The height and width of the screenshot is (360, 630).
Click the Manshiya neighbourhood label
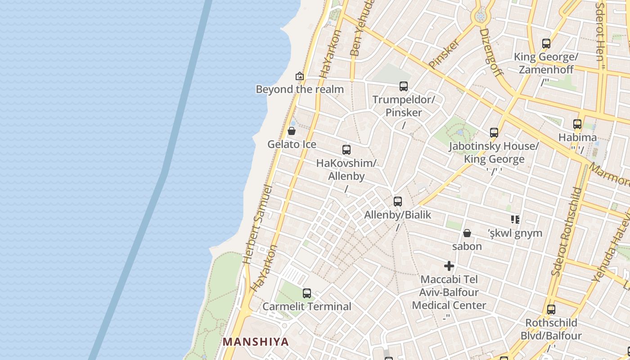256,342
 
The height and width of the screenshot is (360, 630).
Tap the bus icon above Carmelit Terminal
307,293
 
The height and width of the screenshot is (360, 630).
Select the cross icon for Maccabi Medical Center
449,266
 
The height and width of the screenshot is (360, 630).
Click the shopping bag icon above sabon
467,233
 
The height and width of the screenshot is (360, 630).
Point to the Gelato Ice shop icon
292,131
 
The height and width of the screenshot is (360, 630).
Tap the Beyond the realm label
300,89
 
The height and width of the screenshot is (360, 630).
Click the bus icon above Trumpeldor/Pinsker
404,86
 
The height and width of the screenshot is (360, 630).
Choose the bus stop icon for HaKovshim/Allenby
346,150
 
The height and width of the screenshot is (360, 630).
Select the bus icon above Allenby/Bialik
398,202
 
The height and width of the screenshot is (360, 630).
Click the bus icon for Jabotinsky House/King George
494,133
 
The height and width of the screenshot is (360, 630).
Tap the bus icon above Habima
577,124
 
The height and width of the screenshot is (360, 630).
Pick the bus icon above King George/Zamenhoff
546,44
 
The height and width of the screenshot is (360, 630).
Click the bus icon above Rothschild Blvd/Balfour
551,310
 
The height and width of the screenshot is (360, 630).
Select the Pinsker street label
444,54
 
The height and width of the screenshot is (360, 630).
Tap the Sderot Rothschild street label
567,232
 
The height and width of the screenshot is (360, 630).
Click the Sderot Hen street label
600,31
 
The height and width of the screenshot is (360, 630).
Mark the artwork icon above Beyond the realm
300,76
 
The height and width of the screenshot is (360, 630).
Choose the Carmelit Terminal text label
307,306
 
